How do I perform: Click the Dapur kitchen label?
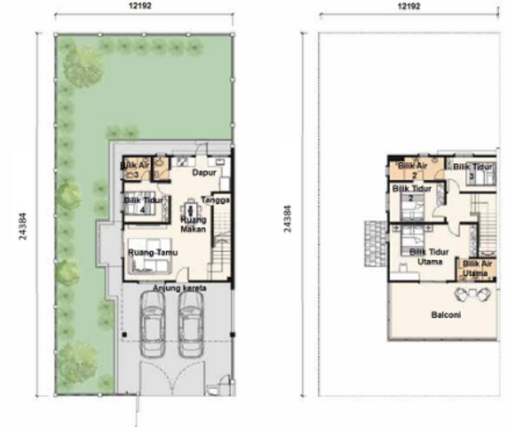click(x=191, y=172)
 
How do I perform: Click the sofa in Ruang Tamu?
click(x=147, y=267)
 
